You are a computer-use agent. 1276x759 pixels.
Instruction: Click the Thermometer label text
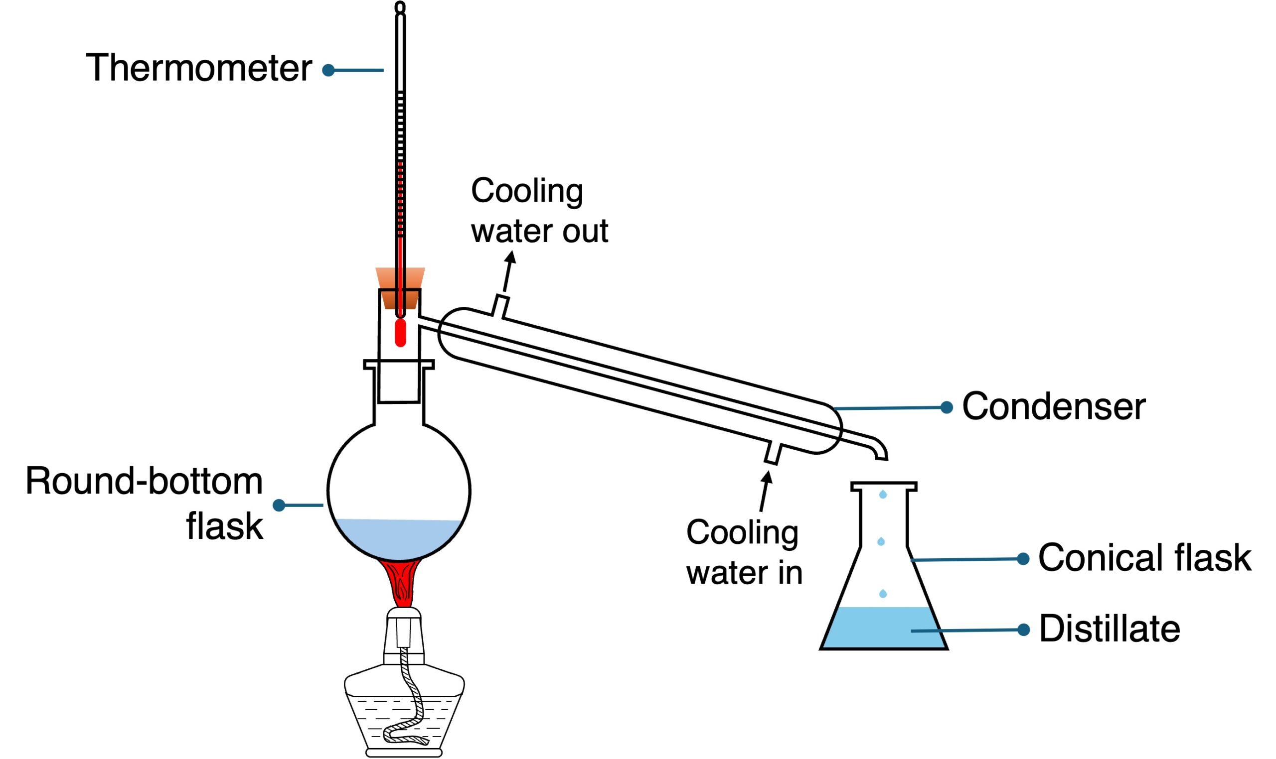click(198, 68)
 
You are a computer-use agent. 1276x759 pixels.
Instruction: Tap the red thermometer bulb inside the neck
click(400, 333)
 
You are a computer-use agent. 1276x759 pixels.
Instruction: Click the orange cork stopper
click(400, 279)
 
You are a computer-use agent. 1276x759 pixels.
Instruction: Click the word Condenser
click(1053, 407)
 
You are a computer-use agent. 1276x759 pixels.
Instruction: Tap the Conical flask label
click(1144, 558)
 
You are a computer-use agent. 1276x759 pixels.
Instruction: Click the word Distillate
click(1110, 629)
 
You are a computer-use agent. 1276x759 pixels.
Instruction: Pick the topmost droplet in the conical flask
click(883, 494)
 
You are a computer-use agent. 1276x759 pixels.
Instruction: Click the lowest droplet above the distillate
click(883, 593)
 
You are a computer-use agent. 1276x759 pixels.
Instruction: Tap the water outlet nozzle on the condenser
click(499, 306)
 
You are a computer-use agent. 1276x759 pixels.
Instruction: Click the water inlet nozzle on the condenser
click(773, 453)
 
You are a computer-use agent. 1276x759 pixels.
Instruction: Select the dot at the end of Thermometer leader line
click(328, 70)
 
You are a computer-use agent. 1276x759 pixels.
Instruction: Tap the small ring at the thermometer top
click(400, 7)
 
